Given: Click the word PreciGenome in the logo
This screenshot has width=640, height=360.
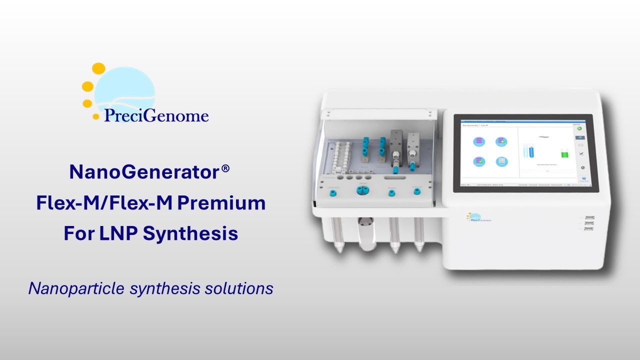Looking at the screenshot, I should [156, 116].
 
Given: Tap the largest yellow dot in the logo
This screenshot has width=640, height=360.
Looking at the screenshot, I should [99, 68].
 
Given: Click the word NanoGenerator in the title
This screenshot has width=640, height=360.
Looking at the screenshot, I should [144, 172].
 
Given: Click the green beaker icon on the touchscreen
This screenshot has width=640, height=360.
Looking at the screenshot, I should [565, 152].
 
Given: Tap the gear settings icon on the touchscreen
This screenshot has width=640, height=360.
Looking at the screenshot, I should [582, 160].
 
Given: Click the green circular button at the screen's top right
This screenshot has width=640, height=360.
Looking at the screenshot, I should [582, 128].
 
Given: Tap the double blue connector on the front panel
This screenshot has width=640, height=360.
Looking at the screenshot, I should [361, 190].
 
